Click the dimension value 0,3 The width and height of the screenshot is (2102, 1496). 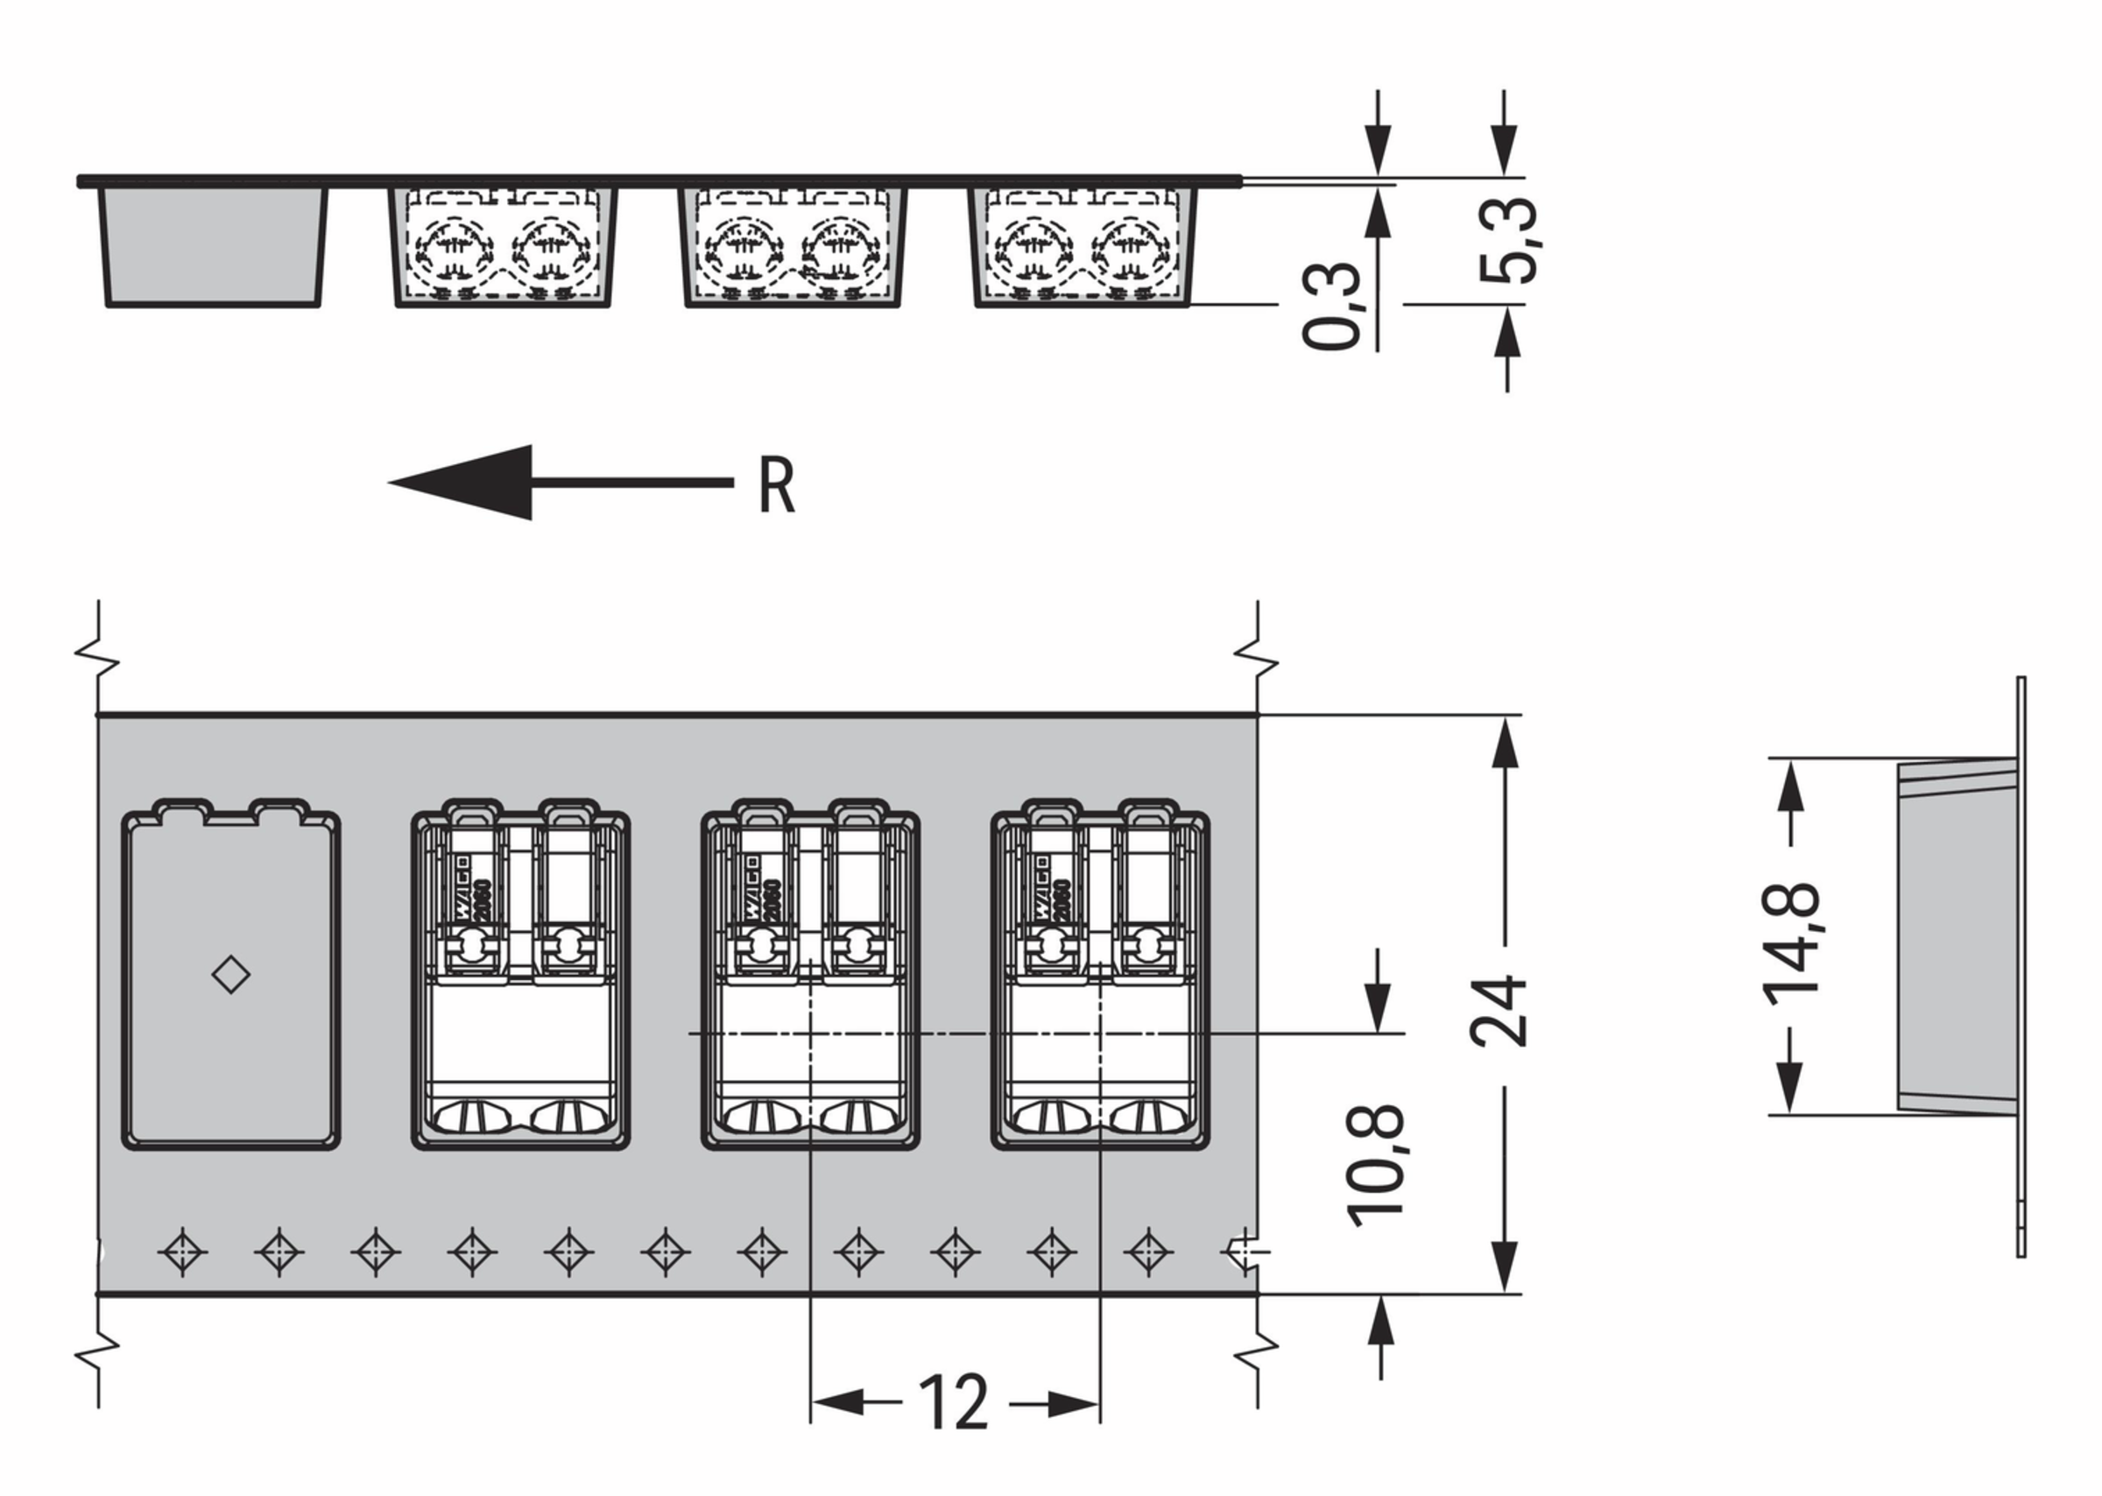pos(1331,305)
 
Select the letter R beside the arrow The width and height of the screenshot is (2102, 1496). pos(776,485)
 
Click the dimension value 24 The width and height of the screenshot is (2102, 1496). pos(1499,1011)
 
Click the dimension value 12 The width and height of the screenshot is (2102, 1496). pos(954,1403)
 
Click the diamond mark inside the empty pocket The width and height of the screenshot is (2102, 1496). pos(230,975)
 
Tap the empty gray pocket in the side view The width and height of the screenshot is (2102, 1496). pos(213,245)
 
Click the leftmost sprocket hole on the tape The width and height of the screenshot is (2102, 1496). pos(182,1252)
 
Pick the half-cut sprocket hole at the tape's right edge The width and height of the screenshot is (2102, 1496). pos(1244,1252)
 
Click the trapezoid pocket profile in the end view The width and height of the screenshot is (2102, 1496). pos(1956,936)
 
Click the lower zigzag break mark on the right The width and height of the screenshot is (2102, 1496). pos(1257,1350)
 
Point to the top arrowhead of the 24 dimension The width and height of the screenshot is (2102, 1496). pos(1504,744)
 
